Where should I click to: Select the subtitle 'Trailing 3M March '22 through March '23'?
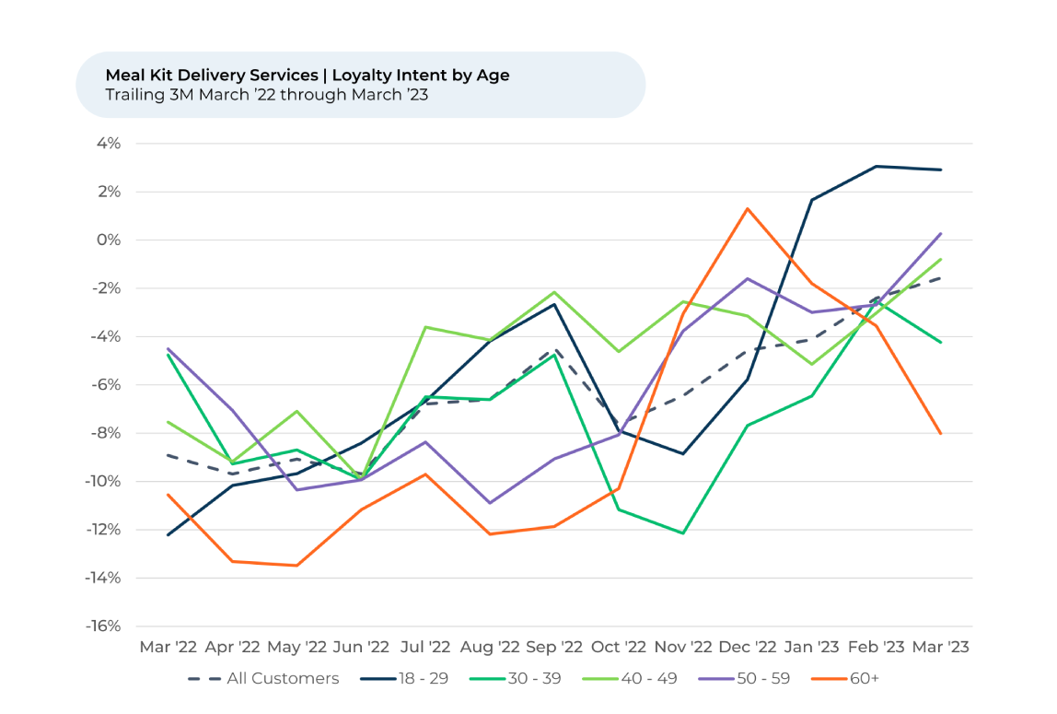click(266, 94)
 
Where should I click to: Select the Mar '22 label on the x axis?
click(168, 648)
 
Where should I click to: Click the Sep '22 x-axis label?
click(554, 648)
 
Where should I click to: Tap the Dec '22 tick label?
click(748, 648)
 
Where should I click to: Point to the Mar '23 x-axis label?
click(940, 648)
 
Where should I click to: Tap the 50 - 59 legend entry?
click(751, 679)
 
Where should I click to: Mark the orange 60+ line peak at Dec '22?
click(748, 209)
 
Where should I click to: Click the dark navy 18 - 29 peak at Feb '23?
click(877, 167)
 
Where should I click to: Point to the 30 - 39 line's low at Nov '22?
click(683, 533)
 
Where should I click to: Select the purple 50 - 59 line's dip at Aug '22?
click(490, 503)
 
